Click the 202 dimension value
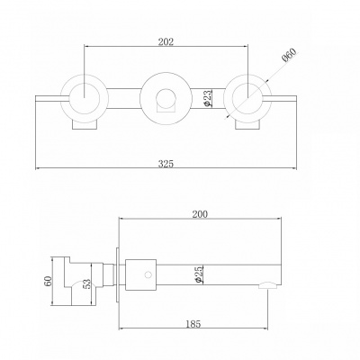(166, 41)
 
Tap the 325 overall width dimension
(166, 164)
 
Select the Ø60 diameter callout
(290, 55)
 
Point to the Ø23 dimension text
(208, 98)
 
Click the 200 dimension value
(200, 214)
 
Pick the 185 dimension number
(193, 324)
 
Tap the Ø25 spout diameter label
(199, 274)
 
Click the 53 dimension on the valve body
(86, 284)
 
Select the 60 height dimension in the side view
(49, 281)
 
